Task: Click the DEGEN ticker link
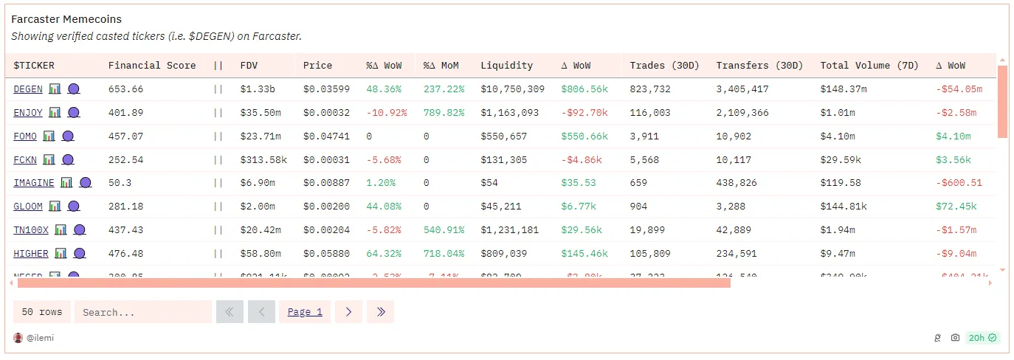28,89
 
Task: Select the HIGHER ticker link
31,254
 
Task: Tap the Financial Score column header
152,66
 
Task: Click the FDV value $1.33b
258,89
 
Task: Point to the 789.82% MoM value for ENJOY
444,113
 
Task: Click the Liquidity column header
506,66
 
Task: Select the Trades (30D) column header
664,66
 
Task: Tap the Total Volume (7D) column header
869,66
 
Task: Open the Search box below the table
133,312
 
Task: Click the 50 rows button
42,312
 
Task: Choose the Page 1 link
305,312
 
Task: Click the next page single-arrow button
348,312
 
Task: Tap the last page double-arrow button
381,312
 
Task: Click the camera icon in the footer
955,338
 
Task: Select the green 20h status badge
982,338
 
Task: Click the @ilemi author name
40,338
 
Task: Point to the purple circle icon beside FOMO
68,136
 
